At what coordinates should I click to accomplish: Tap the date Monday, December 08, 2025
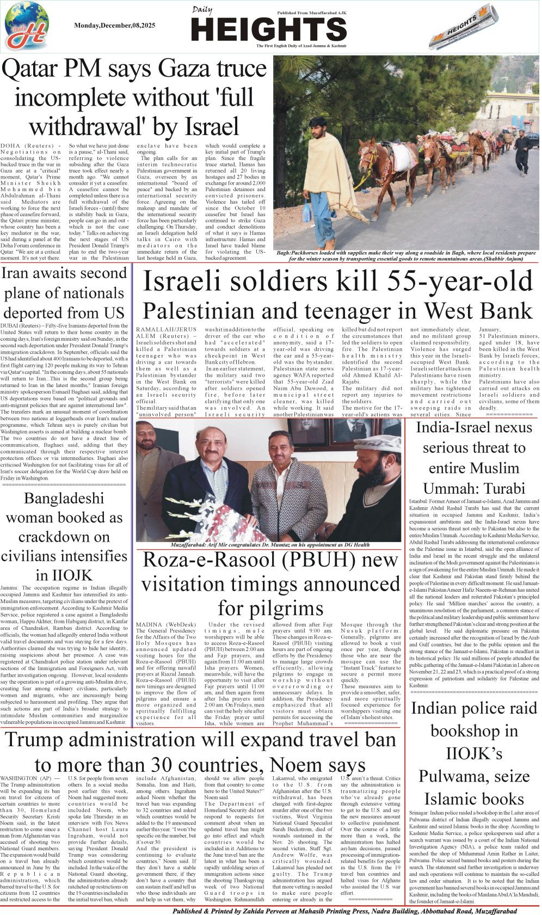click(x=114, y=26)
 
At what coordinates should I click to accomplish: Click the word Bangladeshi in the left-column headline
click(x=64, y=498)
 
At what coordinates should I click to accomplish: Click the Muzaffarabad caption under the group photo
click(x=270, y=544)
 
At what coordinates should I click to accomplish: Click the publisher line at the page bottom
click(x=344, y=911)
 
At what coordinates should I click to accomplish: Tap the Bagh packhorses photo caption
click(x=405, y=256)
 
